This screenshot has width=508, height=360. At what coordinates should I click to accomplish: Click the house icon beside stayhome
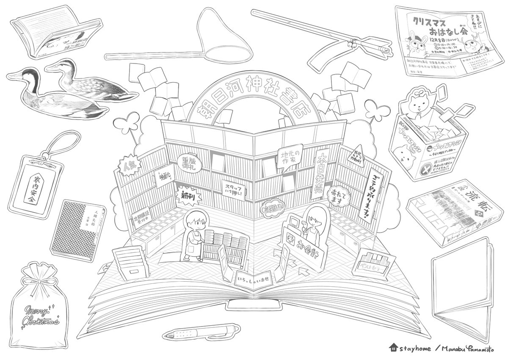tap(394, 348)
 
